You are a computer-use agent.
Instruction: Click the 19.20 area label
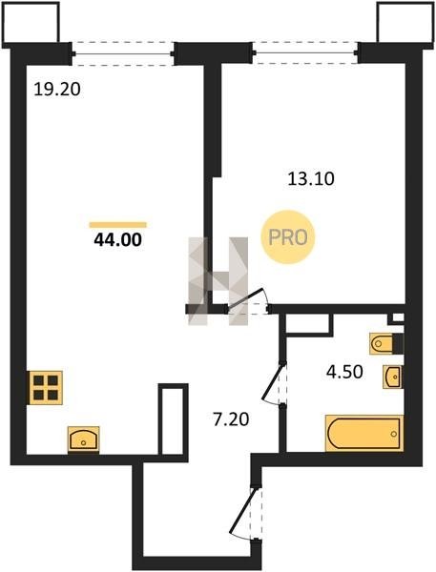(x=57, y=90)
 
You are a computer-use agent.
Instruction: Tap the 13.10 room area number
(x=311, y=179)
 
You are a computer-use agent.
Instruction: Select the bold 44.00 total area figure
(x=118, y=240)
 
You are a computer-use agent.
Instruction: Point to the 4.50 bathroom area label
(x=344, y=372)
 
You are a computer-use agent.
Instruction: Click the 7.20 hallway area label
(x=231, y=419)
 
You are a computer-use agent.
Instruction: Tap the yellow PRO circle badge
(x=288, y=237)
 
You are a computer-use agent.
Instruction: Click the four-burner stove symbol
(x=46, y=388)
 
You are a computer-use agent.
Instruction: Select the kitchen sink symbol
(x=84, y=439)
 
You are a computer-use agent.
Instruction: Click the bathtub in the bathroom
(x=364, y=434)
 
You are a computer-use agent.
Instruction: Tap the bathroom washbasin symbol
(x=393, y=377)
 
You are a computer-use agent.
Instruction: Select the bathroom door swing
(x=275, y=383)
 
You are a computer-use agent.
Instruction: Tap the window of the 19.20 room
(x=123, y=54)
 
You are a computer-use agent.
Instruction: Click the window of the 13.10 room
(x=305, y=52)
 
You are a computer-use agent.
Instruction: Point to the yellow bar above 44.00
(x=118, y=225)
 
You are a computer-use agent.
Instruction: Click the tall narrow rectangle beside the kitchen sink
(x=173, y=419)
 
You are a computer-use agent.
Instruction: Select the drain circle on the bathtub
(x=394, y=434)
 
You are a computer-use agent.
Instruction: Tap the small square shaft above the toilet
(x=397, y=318)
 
